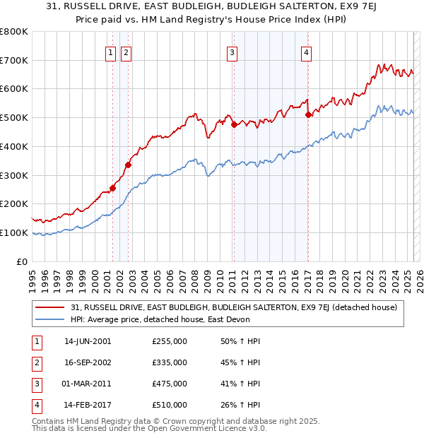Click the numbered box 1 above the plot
112,51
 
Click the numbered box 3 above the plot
232,51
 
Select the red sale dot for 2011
234,125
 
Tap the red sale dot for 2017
308,114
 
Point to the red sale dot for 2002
128,165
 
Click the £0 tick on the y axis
23,261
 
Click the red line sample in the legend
49,307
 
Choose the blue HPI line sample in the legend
49,319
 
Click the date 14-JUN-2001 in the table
87,341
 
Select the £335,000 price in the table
170,362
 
